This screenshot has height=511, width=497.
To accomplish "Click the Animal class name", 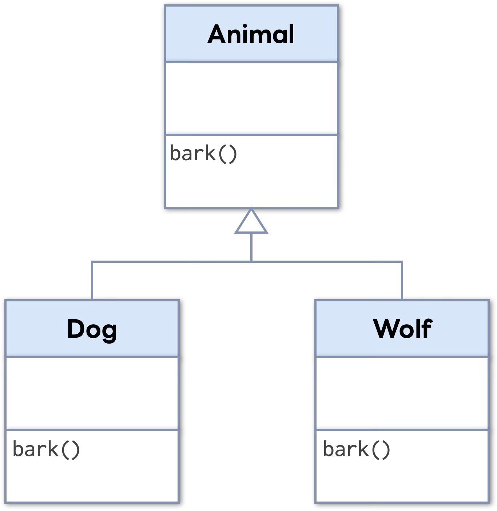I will point(251,34).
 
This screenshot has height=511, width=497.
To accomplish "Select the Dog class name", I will point(92,329).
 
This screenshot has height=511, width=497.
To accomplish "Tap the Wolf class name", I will point(402,329).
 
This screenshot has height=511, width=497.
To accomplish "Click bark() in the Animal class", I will point(203,153).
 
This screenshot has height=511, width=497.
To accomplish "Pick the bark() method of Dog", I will point(46,449).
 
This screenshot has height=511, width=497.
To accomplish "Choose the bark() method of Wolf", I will point(356,449).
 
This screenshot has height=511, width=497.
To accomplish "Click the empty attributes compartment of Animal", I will point(251,98).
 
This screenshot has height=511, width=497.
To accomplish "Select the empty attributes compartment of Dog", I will point(92,393).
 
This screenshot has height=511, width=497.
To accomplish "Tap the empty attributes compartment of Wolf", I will point(402,393).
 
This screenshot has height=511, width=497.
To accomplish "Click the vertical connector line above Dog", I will point(92,280).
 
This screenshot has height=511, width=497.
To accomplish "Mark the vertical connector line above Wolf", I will point(402,280).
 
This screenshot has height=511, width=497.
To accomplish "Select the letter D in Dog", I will point(75,329).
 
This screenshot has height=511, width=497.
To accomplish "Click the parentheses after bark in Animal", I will point(228,154).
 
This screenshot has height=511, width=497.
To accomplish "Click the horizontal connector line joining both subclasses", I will point(171,261).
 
